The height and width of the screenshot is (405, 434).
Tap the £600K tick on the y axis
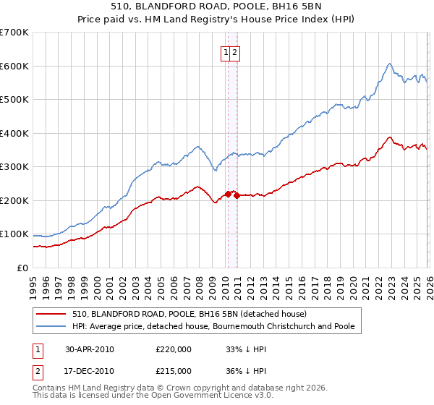pos(14,66)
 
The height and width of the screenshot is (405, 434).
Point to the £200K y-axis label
pos(14,200)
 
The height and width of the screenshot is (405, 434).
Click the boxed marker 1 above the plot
pos(226,52)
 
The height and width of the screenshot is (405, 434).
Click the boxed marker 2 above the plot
pos(236,52)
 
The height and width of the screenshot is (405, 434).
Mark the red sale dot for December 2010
pos(237,195)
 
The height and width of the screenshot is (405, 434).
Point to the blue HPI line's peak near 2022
pos(389,64)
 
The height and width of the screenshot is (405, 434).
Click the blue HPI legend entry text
pos(213,326)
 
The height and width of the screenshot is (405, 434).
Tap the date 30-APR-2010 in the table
pos(90,349)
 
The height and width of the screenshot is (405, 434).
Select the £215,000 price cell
pos(174,370)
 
